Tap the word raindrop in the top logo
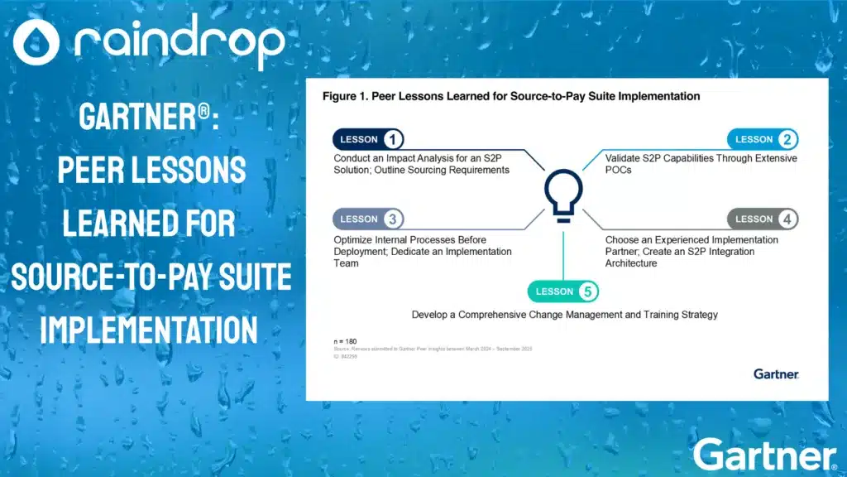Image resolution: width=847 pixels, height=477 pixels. coord(179,42)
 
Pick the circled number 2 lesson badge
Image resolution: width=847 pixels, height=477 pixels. coord(787,139)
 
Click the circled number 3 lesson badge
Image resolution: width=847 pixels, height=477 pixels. coord(393,219)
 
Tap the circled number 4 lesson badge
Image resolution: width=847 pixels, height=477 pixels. coord(787,219)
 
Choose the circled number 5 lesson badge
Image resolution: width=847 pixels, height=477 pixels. coord(587,291)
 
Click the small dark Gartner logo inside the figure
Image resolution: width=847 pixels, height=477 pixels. coord(776,374)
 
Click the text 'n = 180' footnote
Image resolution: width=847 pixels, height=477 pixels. coord(339,340)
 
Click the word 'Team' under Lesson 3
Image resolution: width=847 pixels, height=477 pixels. coord(347,263)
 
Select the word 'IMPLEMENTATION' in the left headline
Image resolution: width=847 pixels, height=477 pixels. coord(149,329)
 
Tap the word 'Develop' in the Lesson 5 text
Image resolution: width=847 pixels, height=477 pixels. coord(432,315)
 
